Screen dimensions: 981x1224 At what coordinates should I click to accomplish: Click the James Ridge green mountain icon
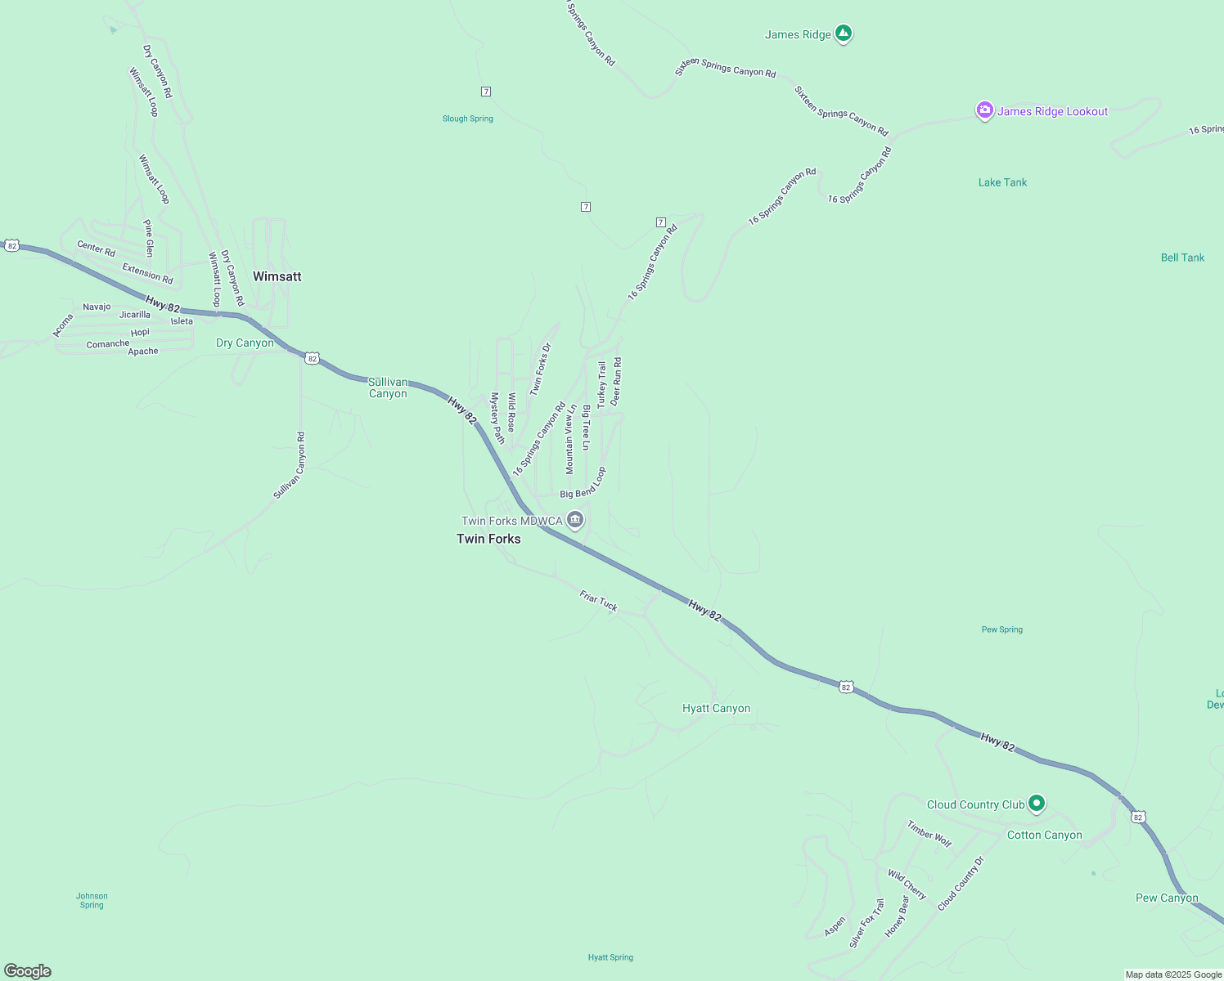coord(844,34)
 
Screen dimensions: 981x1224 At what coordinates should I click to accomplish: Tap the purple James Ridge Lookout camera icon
coord(984,110)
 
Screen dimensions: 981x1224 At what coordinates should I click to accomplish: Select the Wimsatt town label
coord(277,276)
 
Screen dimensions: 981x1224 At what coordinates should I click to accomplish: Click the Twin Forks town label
coord(488,539)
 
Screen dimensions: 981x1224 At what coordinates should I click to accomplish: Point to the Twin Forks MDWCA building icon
coord(575,520)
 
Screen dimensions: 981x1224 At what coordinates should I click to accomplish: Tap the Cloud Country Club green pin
coord(1037,804)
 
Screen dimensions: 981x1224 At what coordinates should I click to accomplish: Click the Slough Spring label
coord(467,119)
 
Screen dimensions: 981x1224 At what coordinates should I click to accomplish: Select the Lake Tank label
coord(1002,182)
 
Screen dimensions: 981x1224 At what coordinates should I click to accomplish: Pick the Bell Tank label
coord(1182,258)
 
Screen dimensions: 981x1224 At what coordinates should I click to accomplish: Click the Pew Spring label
coord(1001,629)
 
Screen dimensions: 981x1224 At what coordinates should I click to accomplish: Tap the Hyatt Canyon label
coord(716,709)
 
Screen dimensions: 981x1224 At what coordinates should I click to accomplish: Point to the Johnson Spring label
coord(92,900)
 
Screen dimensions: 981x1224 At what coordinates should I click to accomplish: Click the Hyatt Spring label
coord(610,957)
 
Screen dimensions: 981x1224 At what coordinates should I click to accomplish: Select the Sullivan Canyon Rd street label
coord(289,466)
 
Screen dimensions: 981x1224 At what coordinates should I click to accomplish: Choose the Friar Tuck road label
coord(598,601)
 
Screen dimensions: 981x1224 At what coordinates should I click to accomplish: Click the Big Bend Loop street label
coord(583,484)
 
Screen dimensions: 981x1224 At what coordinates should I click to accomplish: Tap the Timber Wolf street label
coord(929,834)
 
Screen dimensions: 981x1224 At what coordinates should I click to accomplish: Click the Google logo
coord(28,971)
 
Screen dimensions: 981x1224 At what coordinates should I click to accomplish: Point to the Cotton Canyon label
coord(1044,835)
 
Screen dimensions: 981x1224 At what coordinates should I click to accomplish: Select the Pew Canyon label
coord(1166,898)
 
